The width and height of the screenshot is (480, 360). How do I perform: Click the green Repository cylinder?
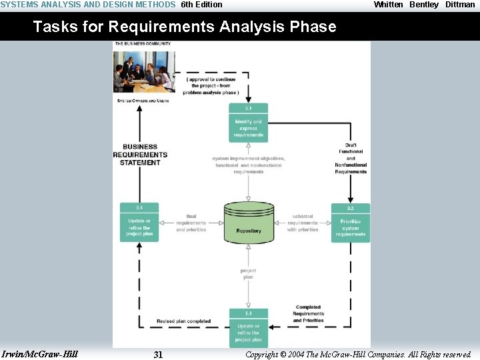249,222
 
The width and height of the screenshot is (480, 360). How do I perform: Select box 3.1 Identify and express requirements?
249,123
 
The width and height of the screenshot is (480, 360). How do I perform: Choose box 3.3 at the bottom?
249,327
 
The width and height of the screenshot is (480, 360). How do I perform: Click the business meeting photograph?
144,71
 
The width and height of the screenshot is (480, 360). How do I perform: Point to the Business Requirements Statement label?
140,155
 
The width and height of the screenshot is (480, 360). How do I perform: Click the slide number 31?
158,355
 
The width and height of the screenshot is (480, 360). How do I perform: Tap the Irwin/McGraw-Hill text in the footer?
40,354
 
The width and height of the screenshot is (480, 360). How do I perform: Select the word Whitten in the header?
389,5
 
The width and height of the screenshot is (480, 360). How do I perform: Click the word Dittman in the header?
460,5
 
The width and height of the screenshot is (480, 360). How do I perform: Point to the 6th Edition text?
202,5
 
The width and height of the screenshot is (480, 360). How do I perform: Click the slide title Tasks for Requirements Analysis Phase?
185,27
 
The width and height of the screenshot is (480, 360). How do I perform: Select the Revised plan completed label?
183,321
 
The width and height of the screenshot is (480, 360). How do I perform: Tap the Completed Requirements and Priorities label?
308,314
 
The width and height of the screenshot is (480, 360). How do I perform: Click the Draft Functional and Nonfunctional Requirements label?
351,158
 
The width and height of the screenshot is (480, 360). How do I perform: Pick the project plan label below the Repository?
248,273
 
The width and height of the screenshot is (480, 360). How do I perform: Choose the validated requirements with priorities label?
303,223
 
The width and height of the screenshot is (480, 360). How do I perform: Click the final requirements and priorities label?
191,223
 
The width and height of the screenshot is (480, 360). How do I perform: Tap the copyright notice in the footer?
358,355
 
